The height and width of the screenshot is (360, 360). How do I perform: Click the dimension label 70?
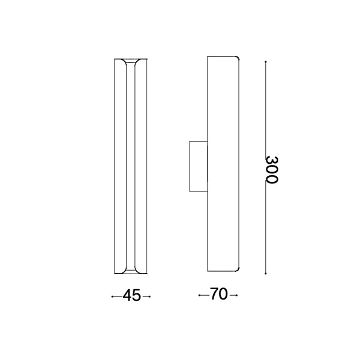coord(219,294)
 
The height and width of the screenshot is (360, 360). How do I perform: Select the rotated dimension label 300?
coord(272,170)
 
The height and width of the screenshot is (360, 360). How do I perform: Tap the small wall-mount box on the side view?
coord(199,166)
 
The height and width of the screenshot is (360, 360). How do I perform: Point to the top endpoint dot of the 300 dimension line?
coord(266,62)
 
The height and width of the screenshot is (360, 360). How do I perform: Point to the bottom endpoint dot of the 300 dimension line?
coord(266,274)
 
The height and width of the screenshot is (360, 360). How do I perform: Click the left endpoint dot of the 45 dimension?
coord(112,296)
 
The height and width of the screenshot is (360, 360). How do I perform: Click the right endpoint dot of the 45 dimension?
coord(149,296)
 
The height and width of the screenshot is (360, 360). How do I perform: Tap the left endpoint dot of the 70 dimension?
coord(199,295)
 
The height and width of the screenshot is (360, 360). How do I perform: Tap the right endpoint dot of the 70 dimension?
coord(237,295)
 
